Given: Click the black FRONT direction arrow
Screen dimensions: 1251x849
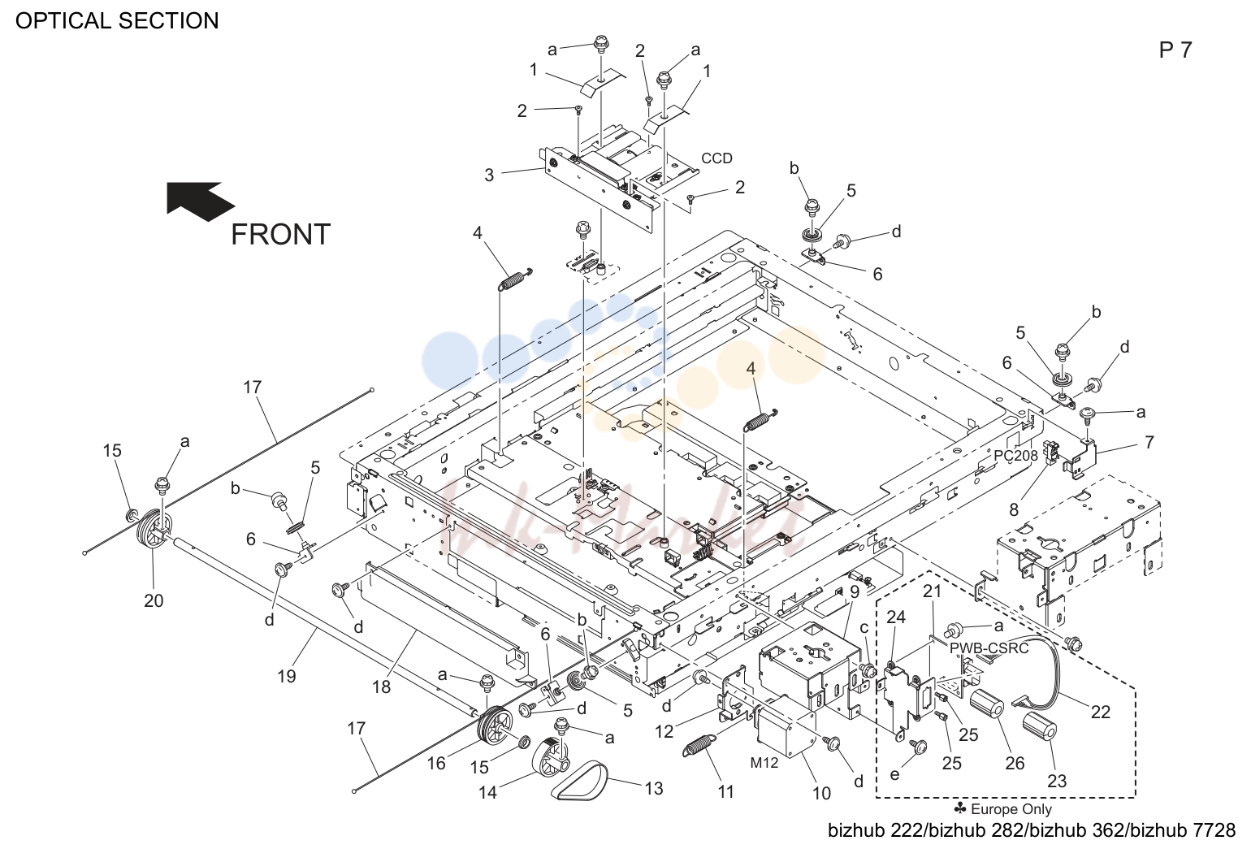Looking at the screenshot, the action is coord(199,201).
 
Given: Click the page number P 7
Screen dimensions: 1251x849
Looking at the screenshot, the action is coord(1175,50).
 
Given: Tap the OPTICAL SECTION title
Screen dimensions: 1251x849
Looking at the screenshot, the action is coord(117,21).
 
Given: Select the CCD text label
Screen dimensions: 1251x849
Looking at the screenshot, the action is coord(716,158).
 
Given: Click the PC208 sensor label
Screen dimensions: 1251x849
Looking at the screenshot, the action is coord(1015,456).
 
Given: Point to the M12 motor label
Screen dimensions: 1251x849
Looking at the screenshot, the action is coord(764,762).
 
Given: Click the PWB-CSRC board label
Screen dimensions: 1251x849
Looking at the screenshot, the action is coord(989,648).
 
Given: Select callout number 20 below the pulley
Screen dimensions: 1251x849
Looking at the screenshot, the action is coord(154,601).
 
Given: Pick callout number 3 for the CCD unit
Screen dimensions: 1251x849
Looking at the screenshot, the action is coord(489,175).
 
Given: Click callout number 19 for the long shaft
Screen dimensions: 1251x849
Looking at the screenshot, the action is coord(287,677).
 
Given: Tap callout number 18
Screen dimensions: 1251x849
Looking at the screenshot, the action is coord(382,687).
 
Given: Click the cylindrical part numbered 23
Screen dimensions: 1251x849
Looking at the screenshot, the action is coord(1040,728).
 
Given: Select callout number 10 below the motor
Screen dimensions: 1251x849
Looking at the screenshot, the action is coord(821,793).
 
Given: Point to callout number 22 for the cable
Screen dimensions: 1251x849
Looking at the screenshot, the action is coord(1100,712).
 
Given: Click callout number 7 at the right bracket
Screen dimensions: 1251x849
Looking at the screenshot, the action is coord(1149,442).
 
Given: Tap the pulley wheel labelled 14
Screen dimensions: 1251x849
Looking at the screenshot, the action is coord(550,757).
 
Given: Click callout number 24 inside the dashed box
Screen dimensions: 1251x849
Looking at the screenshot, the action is coord(896,617).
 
